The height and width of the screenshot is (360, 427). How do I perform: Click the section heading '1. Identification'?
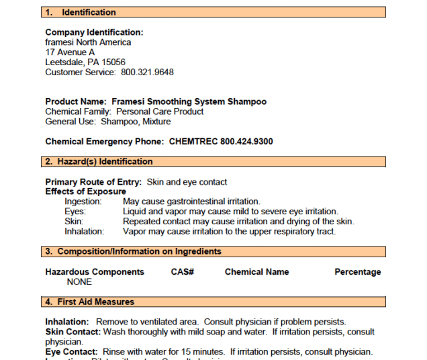80,12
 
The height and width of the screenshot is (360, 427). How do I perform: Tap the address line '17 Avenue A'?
70,52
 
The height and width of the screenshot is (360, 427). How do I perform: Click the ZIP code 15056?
113,62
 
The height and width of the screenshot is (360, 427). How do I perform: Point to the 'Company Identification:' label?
94,32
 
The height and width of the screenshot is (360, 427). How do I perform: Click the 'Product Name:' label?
76,101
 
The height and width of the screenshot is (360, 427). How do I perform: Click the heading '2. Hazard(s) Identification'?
99,162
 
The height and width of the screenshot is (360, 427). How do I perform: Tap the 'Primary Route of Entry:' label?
93,182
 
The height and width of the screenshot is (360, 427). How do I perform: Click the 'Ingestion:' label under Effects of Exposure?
83,201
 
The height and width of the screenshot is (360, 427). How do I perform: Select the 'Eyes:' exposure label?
75,212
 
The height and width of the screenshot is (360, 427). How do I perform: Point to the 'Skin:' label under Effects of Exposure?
74,221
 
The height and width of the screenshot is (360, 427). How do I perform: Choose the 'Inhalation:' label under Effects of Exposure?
85,231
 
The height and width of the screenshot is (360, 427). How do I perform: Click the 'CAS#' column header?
183,272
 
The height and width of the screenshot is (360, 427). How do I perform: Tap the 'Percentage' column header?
357,272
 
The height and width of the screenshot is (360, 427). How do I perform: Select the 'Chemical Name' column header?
256,272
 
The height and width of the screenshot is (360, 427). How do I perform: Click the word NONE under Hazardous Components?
79,282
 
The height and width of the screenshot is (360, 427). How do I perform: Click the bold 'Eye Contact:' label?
71,352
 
